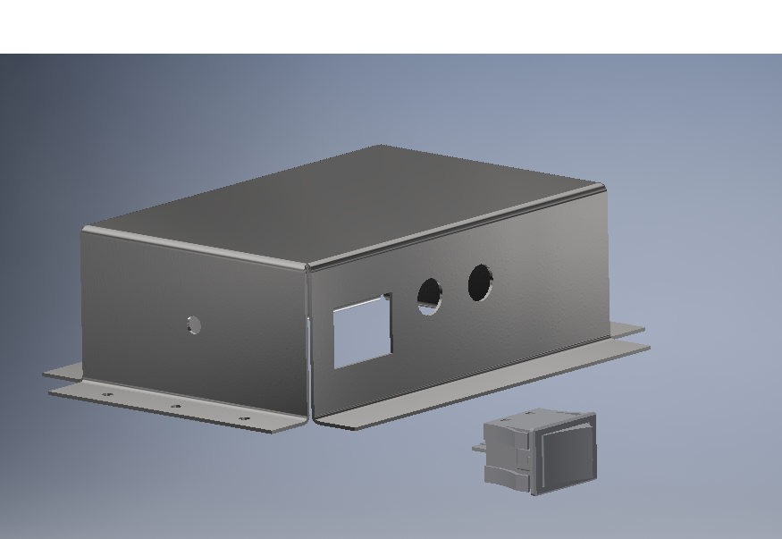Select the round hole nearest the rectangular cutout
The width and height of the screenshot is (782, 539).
[x=430, y=295]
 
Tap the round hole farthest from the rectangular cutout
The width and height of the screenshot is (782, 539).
[x=481, y=282]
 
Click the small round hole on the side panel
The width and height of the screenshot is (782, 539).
[x=194, y=325]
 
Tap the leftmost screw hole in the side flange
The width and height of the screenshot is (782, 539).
[x=108, y=394]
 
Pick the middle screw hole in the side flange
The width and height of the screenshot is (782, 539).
[x=176, y=406]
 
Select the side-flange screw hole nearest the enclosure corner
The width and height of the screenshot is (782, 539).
[x=244, y=417]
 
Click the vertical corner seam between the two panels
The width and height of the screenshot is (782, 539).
[x=308, y=340]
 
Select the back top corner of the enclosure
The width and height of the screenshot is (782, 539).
[x=381, y=147]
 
